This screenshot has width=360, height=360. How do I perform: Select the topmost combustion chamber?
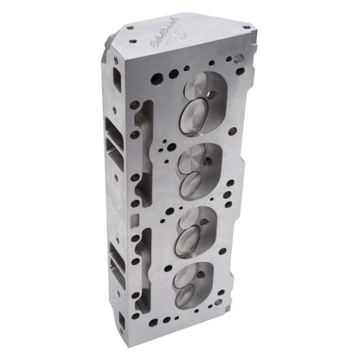tap(202, 101)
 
